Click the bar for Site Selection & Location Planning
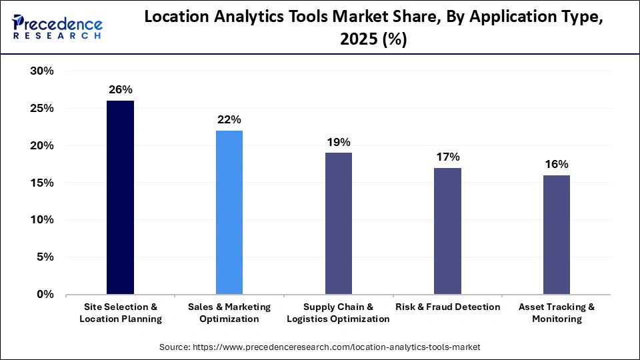point(120,197)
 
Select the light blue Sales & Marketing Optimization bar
point(229,212)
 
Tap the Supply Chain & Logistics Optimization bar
point(338,223)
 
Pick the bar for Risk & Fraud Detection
point(447,231)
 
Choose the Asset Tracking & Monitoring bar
point(557,235)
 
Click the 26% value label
point(120,89)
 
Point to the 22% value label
point(229,119)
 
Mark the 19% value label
point(338,141)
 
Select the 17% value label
point(447,157)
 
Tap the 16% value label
point(557,164)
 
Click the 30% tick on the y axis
point(42,71)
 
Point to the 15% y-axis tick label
point(42,183)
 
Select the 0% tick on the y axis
point(45,294)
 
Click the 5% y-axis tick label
point(45,257)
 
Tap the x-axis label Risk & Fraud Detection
point(447,307)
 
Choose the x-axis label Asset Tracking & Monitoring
point(557,313)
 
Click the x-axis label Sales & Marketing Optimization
point(229,313)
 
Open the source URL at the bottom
point(319,347)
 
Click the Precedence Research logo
point(57,27)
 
